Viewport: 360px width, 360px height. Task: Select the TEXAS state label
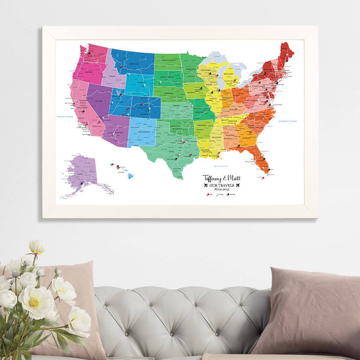[172, 152]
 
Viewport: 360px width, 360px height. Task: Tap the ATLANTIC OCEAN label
[286, 121]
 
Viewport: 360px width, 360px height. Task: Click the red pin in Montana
[122, 66]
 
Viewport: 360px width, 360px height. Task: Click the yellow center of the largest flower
[34, 302]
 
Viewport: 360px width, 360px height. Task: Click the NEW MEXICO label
[144, 132]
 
